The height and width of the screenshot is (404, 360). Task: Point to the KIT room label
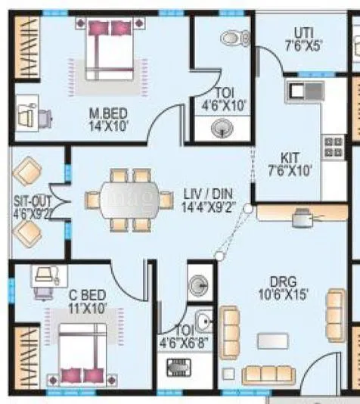[290, 157]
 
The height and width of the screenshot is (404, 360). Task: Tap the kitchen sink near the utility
[296, 92]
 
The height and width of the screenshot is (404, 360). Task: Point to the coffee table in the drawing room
[272, 341]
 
